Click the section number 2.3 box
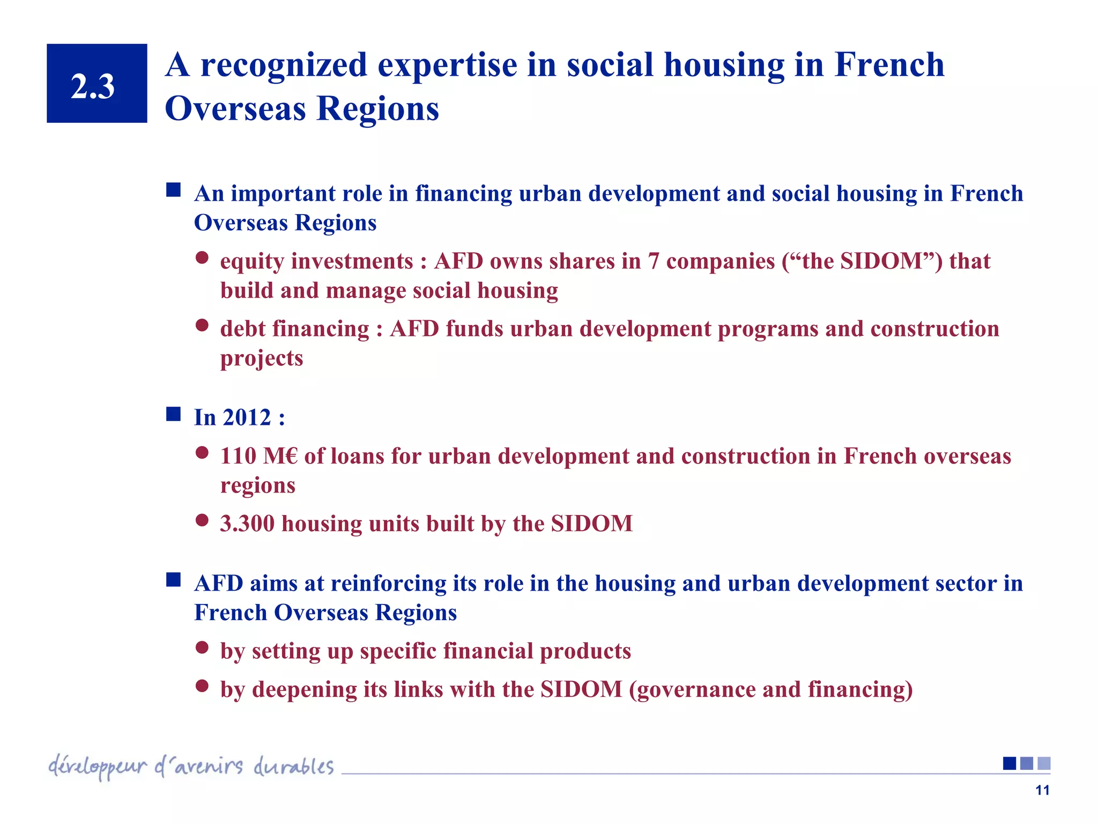tap(97, 84)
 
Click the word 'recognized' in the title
tap(284, 65)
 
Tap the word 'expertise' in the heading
tap(448, 65)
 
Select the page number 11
tap(1042, 790)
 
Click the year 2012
tap(247, 417)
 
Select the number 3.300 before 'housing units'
tap(247, 524)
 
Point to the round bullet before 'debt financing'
tap(202, 325)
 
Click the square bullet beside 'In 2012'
tap(173, 414)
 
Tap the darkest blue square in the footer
tap(1010, 763)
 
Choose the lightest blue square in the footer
tap(1044, 763)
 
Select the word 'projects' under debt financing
tap(262, 358)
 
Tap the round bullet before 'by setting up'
tap(202, 648)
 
